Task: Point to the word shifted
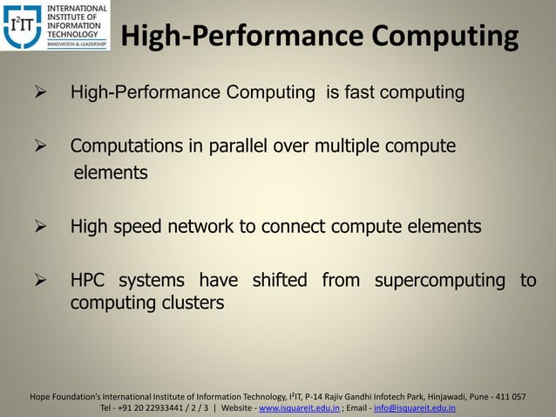(x=279, y=281)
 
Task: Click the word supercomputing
(x=440, y=281)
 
